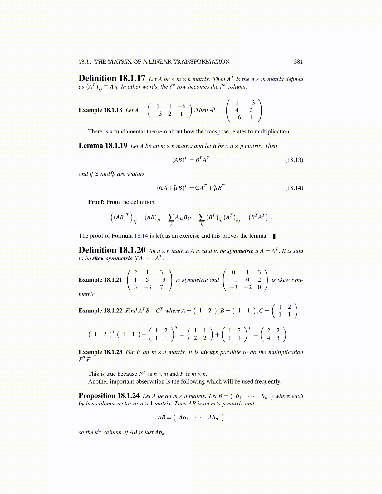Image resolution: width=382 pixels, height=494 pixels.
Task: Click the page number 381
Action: tap(298, 62)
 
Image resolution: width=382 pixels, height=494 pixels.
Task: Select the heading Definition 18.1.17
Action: tap(112, 78)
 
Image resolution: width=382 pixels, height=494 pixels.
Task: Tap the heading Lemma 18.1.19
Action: tap(103, 146)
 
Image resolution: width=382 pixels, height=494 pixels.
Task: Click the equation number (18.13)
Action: tap(294, 160)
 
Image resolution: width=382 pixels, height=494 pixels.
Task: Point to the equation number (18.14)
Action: tap(294, 188)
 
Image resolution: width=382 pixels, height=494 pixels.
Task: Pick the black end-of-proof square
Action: tap(274, 236)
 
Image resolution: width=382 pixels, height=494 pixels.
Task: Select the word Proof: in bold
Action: tap(96, 202)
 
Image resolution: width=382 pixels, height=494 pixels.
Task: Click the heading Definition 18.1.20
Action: tap(112, 250)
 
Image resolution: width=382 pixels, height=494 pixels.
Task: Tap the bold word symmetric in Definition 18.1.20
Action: tap(240, 251)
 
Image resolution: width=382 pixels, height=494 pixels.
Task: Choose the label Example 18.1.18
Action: tap(100, 110)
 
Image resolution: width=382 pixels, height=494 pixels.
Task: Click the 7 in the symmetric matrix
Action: tap(161, 287)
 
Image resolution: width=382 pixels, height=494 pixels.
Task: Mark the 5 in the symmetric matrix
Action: tap(147, 280)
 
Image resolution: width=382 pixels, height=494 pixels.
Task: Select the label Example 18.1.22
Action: tap(100, 311)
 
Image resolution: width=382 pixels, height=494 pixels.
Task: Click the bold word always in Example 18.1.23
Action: tap(209, 352)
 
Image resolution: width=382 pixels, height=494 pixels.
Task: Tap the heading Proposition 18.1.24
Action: tap(109, 396)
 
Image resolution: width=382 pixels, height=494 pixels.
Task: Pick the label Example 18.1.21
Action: tap(100, 280)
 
